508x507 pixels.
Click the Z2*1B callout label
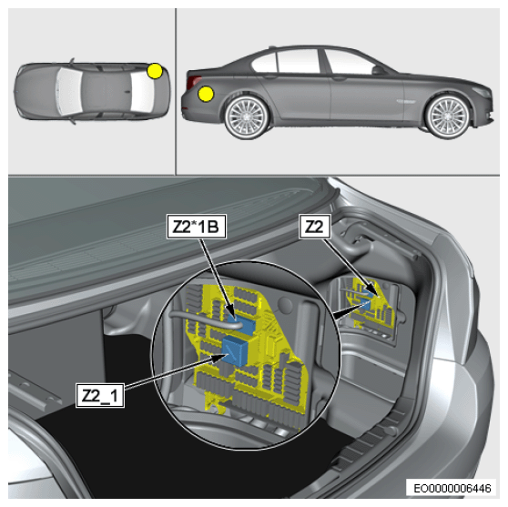click(x=197, y=227)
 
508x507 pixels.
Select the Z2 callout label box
click(x=315, y=227)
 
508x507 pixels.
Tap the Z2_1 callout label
click(x=100, y=395)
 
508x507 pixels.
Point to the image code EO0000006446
click(x=452, y=488)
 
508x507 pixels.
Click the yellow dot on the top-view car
click(x=155, y=71)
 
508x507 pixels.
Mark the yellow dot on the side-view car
click(x=206, y=95)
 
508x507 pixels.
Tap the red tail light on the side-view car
click(x=194, y=81)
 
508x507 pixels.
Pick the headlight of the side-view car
click(x=483, y=92)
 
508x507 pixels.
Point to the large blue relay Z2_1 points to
click(x=236, y=350)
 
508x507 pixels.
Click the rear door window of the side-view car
click(x=299, y=62)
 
